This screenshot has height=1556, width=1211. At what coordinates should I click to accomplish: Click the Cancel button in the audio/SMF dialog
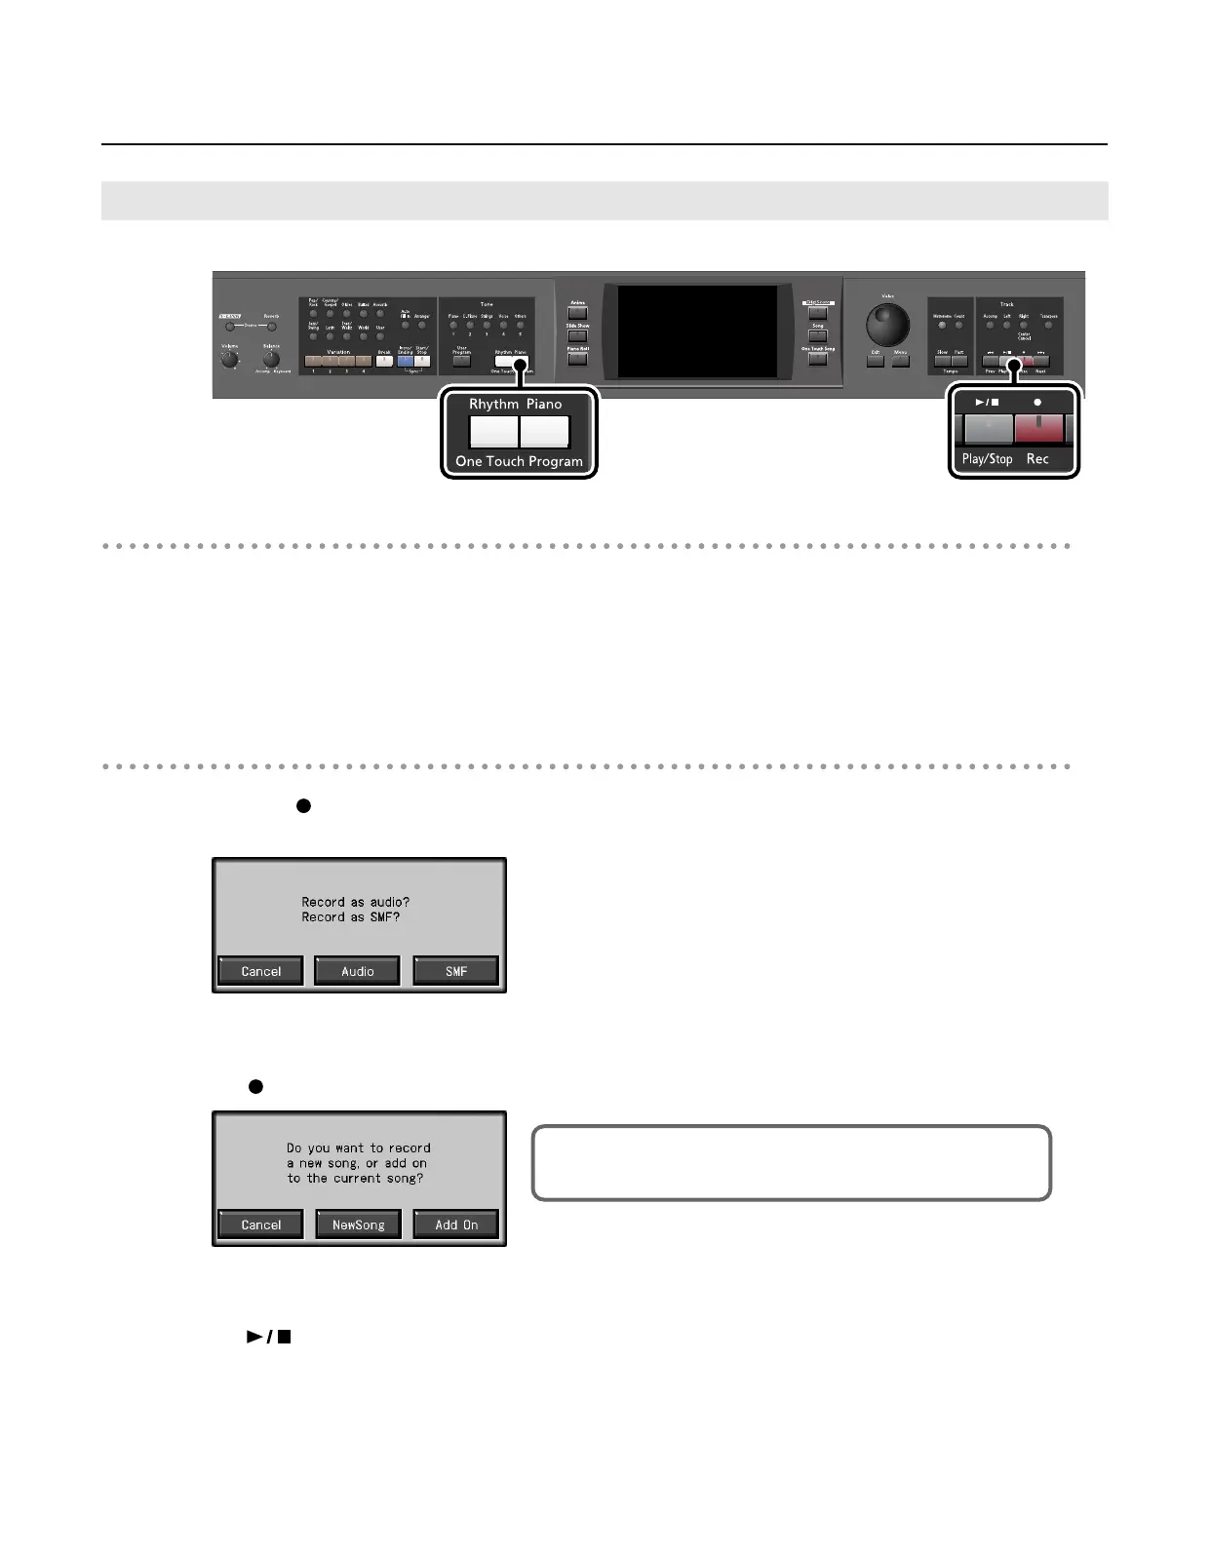(x=260, y=971)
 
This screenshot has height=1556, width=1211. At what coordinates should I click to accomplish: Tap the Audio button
(x=357, y=971)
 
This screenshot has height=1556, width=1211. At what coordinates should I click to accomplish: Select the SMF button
(x=455, y=971)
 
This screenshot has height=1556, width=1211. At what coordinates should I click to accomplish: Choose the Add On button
(x=455, y=1225)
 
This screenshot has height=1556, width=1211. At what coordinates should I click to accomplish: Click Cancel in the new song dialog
(x=260, y=1225)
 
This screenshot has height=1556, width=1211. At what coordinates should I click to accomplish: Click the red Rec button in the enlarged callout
(x=1038, y=429)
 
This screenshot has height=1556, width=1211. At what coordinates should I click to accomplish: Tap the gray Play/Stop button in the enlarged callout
(x=989, y=429)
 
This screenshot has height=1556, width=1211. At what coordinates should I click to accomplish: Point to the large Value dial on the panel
(x=887, y=326)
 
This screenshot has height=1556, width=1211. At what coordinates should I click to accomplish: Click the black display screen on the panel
(x=697, y=331)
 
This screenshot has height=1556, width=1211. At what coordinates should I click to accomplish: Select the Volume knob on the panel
(x=229, y=359)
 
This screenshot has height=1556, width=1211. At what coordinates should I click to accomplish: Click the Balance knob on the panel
(x=271, y=359)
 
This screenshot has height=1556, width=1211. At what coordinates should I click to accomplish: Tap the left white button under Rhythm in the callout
(x=493, y=431)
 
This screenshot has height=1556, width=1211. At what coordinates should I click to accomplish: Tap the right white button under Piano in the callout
(x=544, y=431)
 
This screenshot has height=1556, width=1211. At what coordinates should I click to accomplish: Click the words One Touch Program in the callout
(x=519, y=461)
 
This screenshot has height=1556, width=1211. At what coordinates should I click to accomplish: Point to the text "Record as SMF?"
(x=350, y=917)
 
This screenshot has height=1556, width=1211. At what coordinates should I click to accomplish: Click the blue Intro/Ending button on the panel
(x=405, y=361)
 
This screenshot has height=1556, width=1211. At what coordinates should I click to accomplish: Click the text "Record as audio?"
(x=355, y=902)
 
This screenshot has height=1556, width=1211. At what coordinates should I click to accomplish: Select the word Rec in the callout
(x=1037, y=459)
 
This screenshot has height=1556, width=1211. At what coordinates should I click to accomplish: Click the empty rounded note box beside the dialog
(x=791, y=1163)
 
